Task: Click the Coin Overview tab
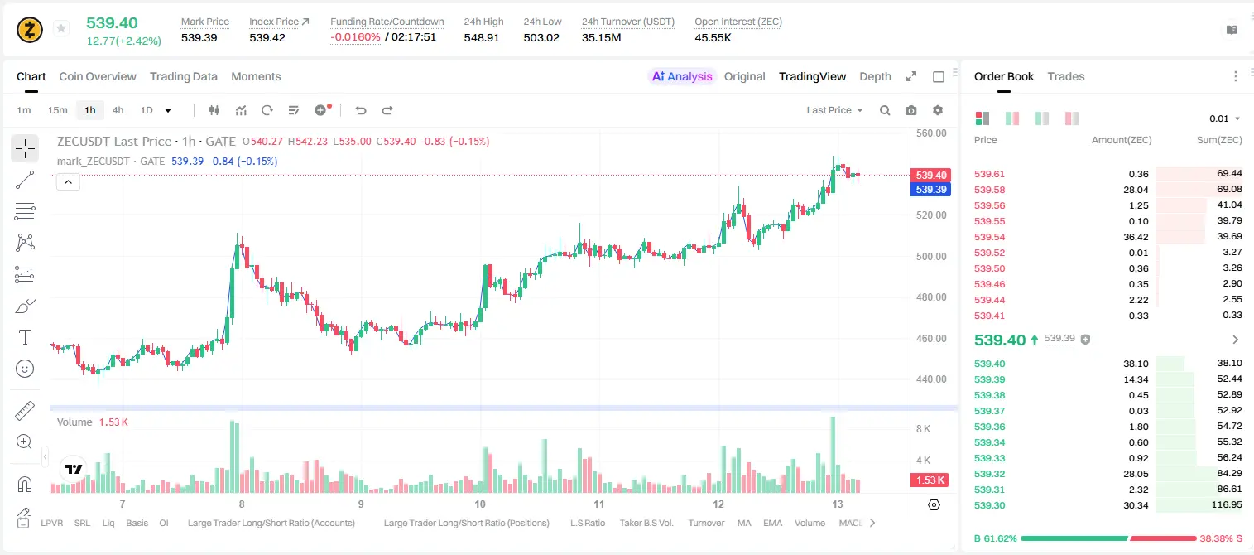(98, 76)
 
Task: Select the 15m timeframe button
(57, 110)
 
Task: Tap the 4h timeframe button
(118, 110)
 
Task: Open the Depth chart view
(875, 76)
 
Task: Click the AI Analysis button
(682, 76)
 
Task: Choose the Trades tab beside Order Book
(1066, 76)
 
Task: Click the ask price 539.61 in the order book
(989, 174)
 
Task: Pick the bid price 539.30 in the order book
(989, 505)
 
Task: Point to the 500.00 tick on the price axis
(931, 257)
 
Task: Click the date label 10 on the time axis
(480, 504)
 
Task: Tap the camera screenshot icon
(911, 110)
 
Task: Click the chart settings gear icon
(938, 110)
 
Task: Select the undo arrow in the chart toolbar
(361, 110)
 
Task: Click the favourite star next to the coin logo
(61, 28)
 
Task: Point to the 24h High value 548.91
(482, 37)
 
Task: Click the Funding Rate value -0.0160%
(355, 37)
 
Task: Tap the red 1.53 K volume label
(930, 480)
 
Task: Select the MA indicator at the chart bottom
(744, 523)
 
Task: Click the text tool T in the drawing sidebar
(25, 337)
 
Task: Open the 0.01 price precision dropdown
(1225, 118)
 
